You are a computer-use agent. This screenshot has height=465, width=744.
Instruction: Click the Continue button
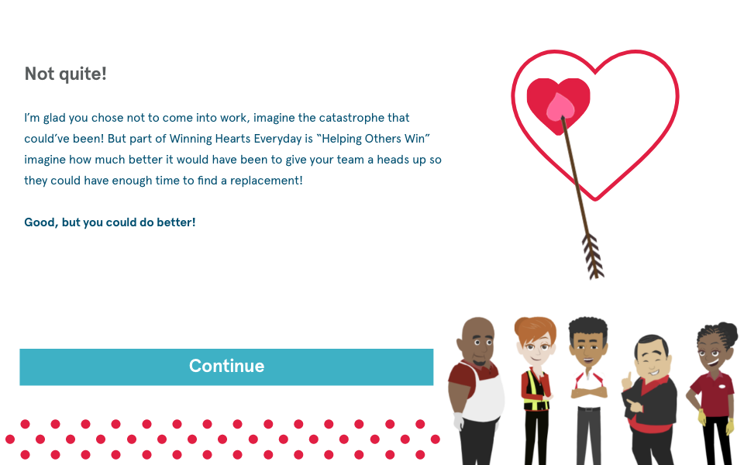click(226, 367)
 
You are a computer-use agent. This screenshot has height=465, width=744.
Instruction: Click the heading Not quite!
click(65, 74)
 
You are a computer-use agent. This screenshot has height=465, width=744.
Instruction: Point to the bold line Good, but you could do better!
click(109, 222)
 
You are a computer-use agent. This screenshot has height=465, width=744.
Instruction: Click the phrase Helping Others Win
click(374, 139)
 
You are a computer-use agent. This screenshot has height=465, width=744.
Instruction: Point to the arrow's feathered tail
click(593, 257)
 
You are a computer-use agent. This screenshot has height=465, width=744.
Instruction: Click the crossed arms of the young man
click(589, 392)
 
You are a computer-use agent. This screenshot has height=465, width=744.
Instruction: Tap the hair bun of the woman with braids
click(727, 332)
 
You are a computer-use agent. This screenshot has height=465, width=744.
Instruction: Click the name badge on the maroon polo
click(722, 386)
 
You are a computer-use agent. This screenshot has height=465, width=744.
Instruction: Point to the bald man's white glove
click(458, 421)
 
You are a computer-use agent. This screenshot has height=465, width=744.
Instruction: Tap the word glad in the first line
click(54, 118)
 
